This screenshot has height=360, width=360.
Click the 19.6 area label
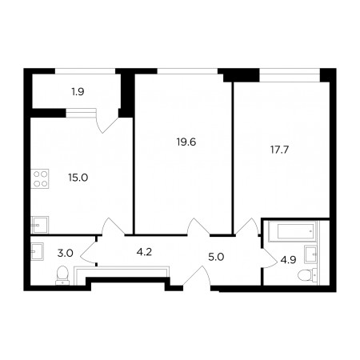pos(186,142)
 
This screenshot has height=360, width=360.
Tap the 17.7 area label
pos(279,150)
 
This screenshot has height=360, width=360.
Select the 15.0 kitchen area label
pos(78,178)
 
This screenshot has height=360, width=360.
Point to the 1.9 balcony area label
pos(78,92)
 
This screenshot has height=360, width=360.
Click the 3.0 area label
pos(66,253)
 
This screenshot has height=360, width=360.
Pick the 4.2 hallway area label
pos(144,252)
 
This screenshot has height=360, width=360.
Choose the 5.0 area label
pos(216,258)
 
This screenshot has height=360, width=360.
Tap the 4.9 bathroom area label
pos(288,260)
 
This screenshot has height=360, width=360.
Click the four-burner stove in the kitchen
pos(40,178)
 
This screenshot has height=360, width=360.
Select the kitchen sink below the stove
pos(40,225)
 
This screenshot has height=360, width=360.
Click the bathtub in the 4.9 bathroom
pos(293,231)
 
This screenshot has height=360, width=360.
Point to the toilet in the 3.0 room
pos(62,275)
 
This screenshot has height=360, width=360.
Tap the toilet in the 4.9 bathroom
pos(307,275)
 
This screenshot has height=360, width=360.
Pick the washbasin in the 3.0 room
pos(37,251)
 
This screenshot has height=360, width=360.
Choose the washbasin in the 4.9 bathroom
pos(310,254)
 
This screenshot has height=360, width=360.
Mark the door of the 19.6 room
pos(198,227)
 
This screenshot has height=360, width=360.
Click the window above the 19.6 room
pos(187,71)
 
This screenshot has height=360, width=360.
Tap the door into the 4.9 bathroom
pos(270,258)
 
